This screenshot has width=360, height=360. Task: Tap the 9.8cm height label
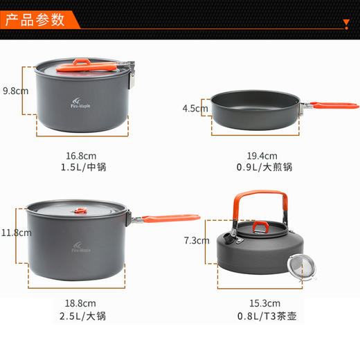coord(15,91)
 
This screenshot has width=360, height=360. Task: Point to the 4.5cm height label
coord(195,108)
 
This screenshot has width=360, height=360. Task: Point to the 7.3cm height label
coord(195,240)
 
